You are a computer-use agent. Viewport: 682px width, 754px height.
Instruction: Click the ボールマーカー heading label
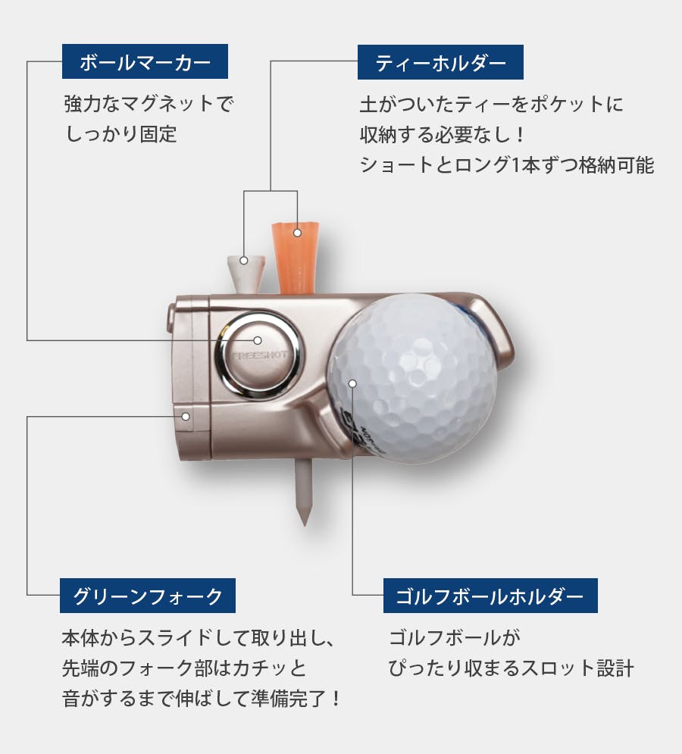pyautogui.click(x=145, y=61)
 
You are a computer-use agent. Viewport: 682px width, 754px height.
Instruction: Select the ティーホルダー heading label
pyautogui.click(x=440, y=62)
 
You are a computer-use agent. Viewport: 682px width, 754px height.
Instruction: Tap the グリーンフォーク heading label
pyautogui.click(x=147, y=596)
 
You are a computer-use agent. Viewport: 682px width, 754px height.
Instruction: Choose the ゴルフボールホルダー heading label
pyautogui.click(x=490, y=596)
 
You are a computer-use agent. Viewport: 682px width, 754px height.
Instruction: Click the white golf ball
pyautogui.click(x=413, y=379)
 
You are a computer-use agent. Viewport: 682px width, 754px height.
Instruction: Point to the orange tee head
pyautogui.click(x=296, y=258)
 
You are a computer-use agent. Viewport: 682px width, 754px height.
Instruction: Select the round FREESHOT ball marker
pyautogui.click(x=258, y=355)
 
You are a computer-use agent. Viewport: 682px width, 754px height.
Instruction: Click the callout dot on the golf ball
pyautogui.click(x=352, y=383)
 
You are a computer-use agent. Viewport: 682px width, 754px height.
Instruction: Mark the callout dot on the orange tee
pyautogui.click(x=297, y=233)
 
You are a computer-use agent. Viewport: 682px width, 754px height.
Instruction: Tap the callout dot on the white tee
pyautogui.click(x=244, y=260)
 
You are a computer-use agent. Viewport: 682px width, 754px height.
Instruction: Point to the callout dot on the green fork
pyautogui.click(x=186, y=417)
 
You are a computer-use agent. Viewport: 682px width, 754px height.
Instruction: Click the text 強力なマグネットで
pyautogui.click(x=148, y=104)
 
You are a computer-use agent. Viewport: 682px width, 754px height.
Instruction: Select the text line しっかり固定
pyautogui.click(x=120, y=133)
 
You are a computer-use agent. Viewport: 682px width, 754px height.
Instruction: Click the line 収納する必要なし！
pyautogui.click(x=442, y=135)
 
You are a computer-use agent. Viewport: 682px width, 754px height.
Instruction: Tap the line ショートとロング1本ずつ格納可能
pyautogui.click(x=507, y=165)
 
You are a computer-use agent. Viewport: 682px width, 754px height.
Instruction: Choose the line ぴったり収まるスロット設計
pyautogui.click(x=511, y=668)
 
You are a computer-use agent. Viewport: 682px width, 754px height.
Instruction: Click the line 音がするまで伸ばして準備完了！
pyautogui.click(x=201, y=698)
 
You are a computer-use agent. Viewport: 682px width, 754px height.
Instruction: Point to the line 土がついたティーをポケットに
pyautogui.click(x=492, y=105)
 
